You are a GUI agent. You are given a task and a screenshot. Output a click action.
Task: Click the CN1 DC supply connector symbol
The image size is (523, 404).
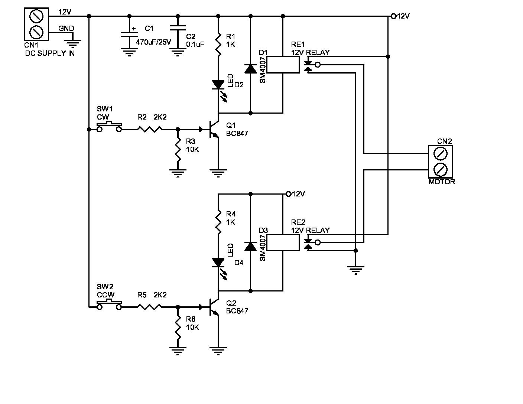tap(36, 24)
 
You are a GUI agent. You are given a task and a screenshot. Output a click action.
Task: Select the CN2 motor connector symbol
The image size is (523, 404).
tap(440, 162)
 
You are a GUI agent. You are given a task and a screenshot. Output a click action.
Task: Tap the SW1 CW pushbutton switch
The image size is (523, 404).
tap(109, 127)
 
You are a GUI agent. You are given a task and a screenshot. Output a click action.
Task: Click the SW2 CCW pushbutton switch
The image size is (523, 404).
tap(109, 306)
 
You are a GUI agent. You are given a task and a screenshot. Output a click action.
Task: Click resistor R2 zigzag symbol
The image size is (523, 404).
tap(150, 129)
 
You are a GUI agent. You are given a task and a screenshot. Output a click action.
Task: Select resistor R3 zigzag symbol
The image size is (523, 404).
tap(178, 150)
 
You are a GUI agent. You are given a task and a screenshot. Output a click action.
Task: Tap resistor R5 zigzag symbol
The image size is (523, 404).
tap(150, 307)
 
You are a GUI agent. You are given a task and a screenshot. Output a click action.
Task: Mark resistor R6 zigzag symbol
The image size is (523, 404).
tap(178, 328)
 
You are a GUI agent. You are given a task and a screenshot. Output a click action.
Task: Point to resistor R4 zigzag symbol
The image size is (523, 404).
tap(218, 222)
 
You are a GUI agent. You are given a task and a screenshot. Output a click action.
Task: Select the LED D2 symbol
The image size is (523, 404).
tap(218, 85)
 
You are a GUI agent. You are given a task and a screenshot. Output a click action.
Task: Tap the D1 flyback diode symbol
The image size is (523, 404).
tap(250, 69)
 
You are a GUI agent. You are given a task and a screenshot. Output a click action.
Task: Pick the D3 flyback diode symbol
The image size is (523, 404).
tap(250, 247)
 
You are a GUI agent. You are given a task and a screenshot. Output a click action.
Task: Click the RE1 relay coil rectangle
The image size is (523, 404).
tap(283, 65)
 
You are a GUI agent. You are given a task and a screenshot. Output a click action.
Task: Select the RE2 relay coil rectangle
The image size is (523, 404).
tap(283, 242)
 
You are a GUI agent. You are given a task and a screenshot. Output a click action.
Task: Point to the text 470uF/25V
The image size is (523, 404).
tap(153, 42)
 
